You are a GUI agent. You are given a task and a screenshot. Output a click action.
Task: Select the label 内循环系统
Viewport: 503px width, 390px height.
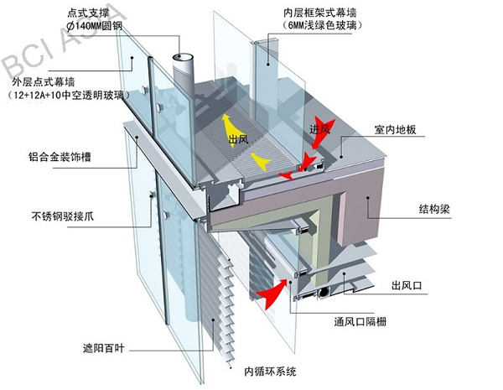coord(270,370)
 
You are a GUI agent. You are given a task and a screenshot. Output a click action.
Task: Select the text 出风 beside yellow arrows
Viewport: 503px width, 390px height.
coord(241,139)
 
